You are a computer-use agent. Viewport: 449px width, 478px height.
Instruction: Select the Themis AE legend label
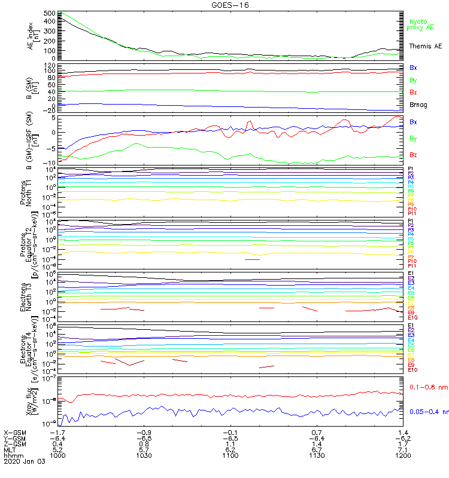pos(424,46)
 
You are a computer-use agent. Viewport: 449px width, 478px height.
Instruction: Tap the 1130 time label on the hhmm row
pos(317,455)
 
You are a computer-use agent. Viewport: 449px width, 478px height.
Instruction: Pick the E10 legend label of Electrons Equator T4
pos(412,370)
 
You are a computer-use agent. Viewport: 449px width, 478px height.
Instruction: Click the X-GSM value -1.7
pos(57,432)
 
